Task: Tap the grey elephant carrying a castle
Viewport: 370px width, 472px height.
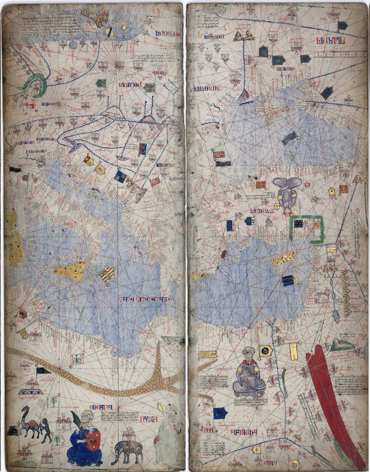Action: tap(129, 449)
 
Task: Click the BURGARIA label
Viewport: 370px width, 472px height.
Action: tap(204, 88)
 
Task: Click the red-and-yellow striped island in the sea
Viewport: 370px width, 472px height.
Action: tap(107, 275)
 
